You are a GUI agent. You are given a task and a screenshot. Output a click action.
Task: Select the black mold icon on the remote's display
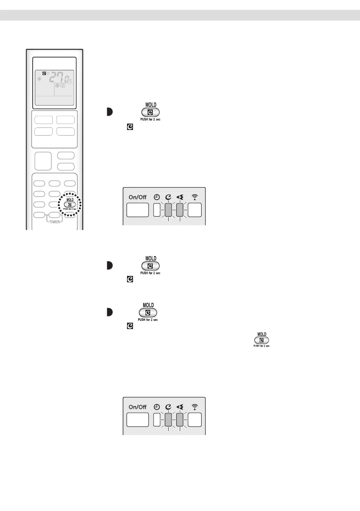38,73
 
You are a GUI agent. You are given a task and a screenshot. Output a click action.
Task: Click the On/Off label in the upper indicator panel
137,197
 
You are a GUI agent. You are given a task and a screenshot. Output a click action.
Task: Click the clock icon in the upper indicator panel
156,197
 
